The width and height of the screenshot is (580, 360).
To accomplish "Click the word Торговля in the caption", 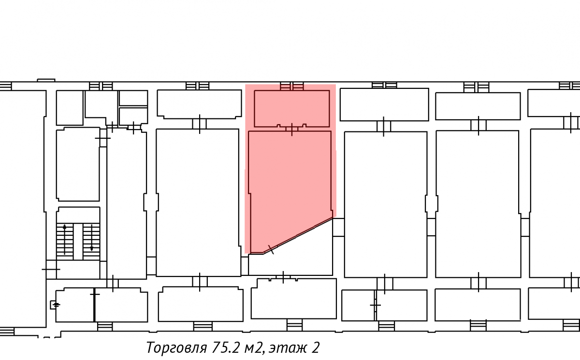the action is (176, 347).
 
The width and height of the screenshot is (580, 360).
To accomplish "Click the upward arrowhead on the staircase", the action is (64, 227).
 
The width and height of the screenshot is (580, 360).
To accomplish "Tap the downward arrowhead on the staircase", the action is (92, 249).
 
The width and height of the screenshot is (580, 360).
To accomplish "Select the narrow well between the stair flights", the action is (78, 242).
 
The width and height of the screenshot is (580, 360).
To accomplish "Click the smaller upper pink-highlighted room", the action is (292, 109).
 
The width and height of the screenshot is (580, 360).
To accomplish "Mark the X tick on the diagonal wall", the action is (271, 249).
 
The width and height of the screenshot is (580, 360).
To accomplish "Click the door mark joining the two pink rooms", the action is (292, 129).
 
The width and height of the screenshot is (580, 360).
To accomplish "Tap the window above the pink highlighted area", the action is (292, 86).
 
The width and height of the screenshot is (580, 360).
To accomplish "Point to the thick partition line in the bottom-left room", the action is (94, 305).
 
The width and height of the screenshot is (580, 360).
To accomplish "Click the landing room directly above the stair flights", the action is (78, 215).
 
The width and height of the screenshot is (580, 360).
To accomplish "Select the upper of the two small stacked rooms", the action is (133, 98).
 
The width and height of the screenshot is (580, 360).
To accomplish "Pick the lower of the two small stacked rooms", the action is (133, 115).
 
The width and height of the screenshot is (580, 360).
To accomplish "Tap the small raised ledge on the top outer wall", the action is (46, 80).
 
